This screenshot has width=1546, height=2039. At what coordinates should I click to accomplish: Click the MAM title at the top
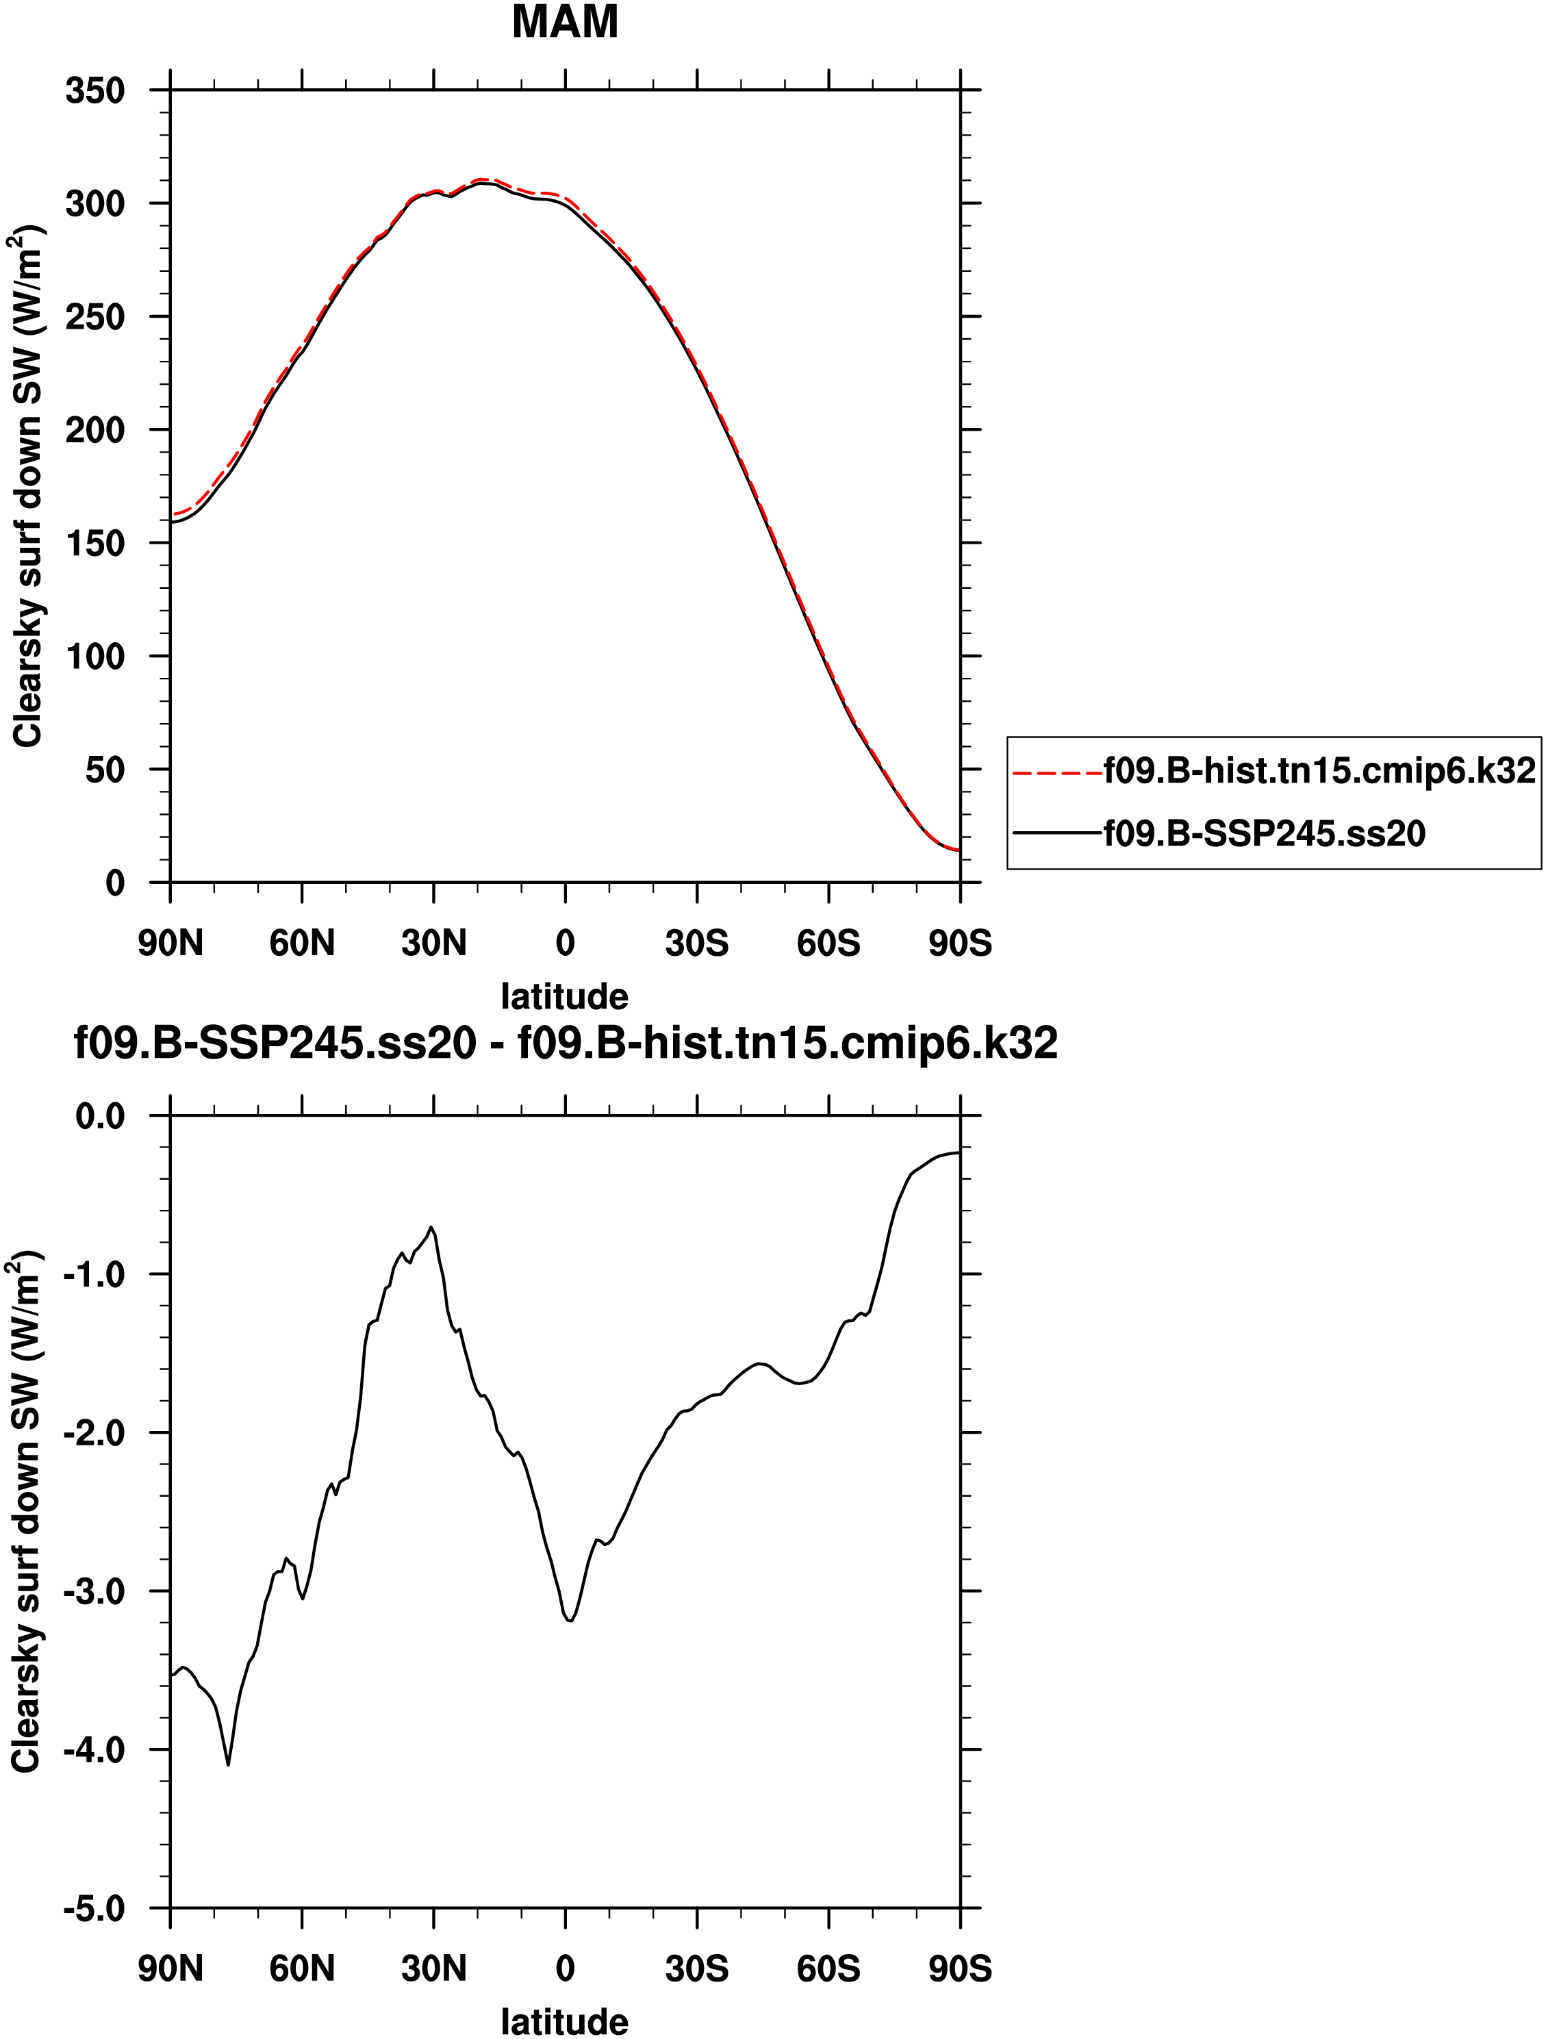[x=564, y=22]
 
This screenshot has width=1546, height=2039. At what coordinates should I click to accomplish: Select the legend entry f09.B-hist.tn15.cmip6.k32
[x=1319, y=770]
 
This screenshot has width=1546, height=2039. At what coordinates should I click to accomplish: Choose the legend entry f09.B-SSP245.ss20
[x=1264, y=833]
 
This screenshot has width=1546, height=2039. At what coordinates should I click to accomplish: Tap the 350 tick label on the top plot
[x=95, y=90]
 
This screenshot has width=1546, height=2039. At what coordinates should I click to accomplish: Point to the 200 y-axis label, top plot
[x=95, y=429]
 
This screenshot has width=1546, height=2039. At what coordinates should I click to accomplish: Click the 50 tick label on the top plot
[x=105, y=770]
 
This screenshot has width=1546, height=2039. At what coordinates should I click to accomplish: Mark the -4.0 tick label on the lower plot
[x=94, y=1749]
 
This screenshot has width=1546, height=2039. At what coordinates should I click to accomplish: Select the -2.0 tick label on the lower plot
[x=94, y=1432]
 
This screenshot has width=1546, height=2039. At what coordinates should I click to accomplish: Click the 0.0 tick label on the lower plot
[x=99, y=1116]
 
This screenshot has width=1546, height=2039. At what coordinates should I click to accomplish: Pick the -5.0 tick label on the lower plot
[x=94, y=1908]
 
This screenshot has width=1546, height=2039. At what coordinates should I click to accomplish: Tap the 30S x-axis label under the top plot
[x=697, y=943]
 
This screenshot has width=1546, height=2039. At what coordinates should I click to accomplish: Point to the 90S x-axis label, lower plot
[x=960, y=1969]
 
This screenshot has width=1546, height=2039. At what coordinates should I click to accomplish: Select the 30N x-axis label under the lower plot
[x=433, y=1969]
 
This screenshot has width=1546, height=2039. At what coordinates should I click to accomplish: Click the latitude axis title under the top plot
[x=564, y=996]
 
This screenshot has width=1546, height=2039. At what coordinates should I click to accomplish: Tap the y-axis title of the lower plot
[x=26, y=1512]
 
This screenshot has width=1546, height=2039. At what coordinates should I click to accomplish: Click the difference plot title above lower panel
[x=565, y=1043]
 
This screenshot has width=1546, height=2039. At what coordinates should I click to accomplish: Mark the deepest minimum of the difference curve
[x=228, y=1764]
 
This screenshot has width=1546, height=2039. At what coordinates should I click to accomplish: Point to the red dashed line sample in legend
[x=1057, y=772]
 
